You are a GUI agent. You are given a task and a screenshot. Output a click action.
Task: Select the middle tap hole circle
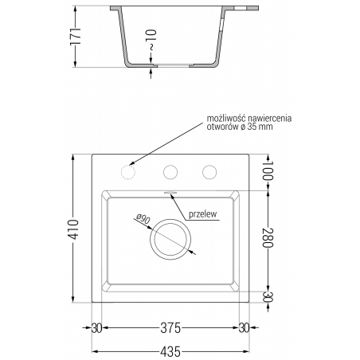[x=170, y=171]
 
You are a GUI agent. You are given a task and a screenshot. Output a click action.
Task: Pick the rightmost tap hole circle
[x=209, y=171]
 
